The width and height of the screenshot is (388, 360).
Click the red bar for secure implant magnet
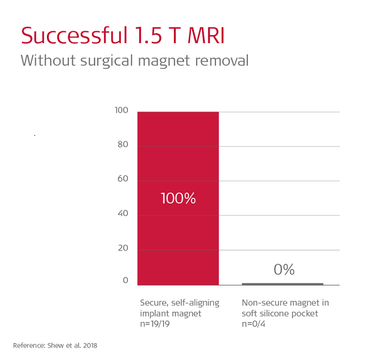[178, 198]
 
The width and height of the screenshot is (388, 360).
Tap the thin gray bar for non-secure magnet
[283, 284]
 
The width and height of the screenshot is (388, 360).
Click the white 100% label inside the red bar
[178, 198]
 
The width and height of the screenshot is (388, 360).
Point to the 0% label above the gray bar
[284, 269]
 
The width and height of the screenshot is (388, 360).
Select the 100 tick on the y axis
[121, 110]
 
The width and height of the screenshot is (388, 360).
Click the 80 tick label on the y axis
[123, 145]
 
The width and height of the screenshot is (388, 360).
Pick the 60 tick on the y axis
[123, 178]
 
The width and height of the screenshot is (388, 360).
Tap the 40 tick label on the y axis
[123, 213]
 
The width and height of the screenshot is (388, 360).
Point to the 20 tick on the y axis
[123, 248]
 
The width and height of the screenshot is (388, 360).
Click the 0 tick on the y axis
[125, 280]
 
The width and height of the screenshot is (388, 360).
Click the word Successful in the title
[74, 36]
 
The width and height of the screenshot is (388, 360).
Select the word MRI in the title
[206, 36]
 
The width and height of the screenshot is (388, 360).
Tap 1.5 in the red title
[148, 36]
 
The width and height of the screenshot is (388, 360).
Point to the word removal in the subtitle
[222, 60]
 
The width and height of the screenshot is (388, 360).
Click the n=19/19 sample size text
[155, 324]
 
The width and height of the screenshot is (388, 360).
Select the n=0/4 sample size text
[253, 324]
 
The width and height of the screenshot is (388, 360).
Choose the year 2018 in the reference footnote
[90, 346]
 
